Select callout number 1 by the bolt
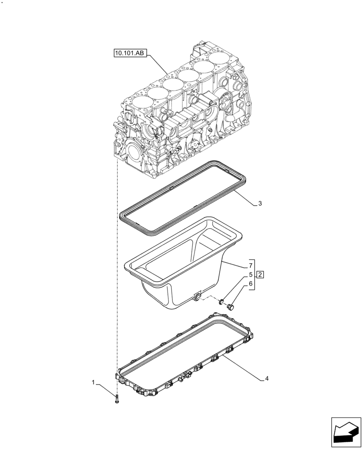93,383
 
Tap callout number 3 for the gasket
260,203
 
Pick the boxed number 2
260,274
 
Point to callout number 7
246,266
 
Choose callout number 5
246,274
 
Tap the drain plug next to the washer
231,307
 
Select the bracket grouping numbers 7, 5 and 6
254,274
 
